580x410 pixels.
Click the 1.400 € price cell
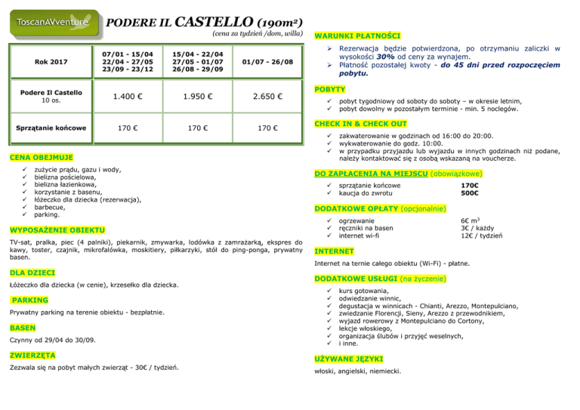(x=131, y=97)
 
